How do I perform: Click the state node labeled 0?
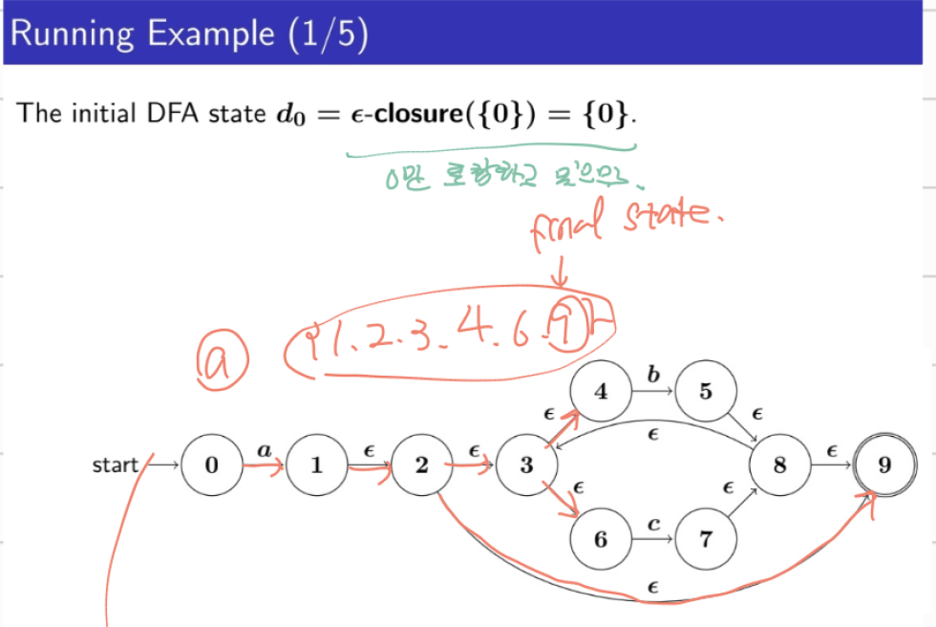click(x=211, y=465)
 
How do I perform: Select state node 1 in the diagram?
click(x=316, y=465)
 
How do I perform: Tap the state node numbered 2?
click(x=421, y=465)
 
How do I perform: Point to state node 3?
click(x=526, y=465)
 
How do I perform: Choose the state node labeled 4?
click(x=601, y=391)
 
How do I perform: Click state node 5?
click(x=706, y=391)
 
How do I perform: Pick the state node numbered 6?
click(x=601, y=539)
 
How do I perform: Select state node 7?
click(x=706, y=539)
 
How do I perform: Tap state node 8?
click(x=780, y=465)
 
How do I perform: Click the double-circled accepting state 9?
click(x=884, y=465)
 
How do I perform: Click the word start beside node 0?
click(x=115, y=465)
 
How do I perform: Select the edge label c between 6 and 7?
click(x=653, y=525)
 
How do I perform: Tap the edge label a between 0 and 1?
click(x=264, y=449)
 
